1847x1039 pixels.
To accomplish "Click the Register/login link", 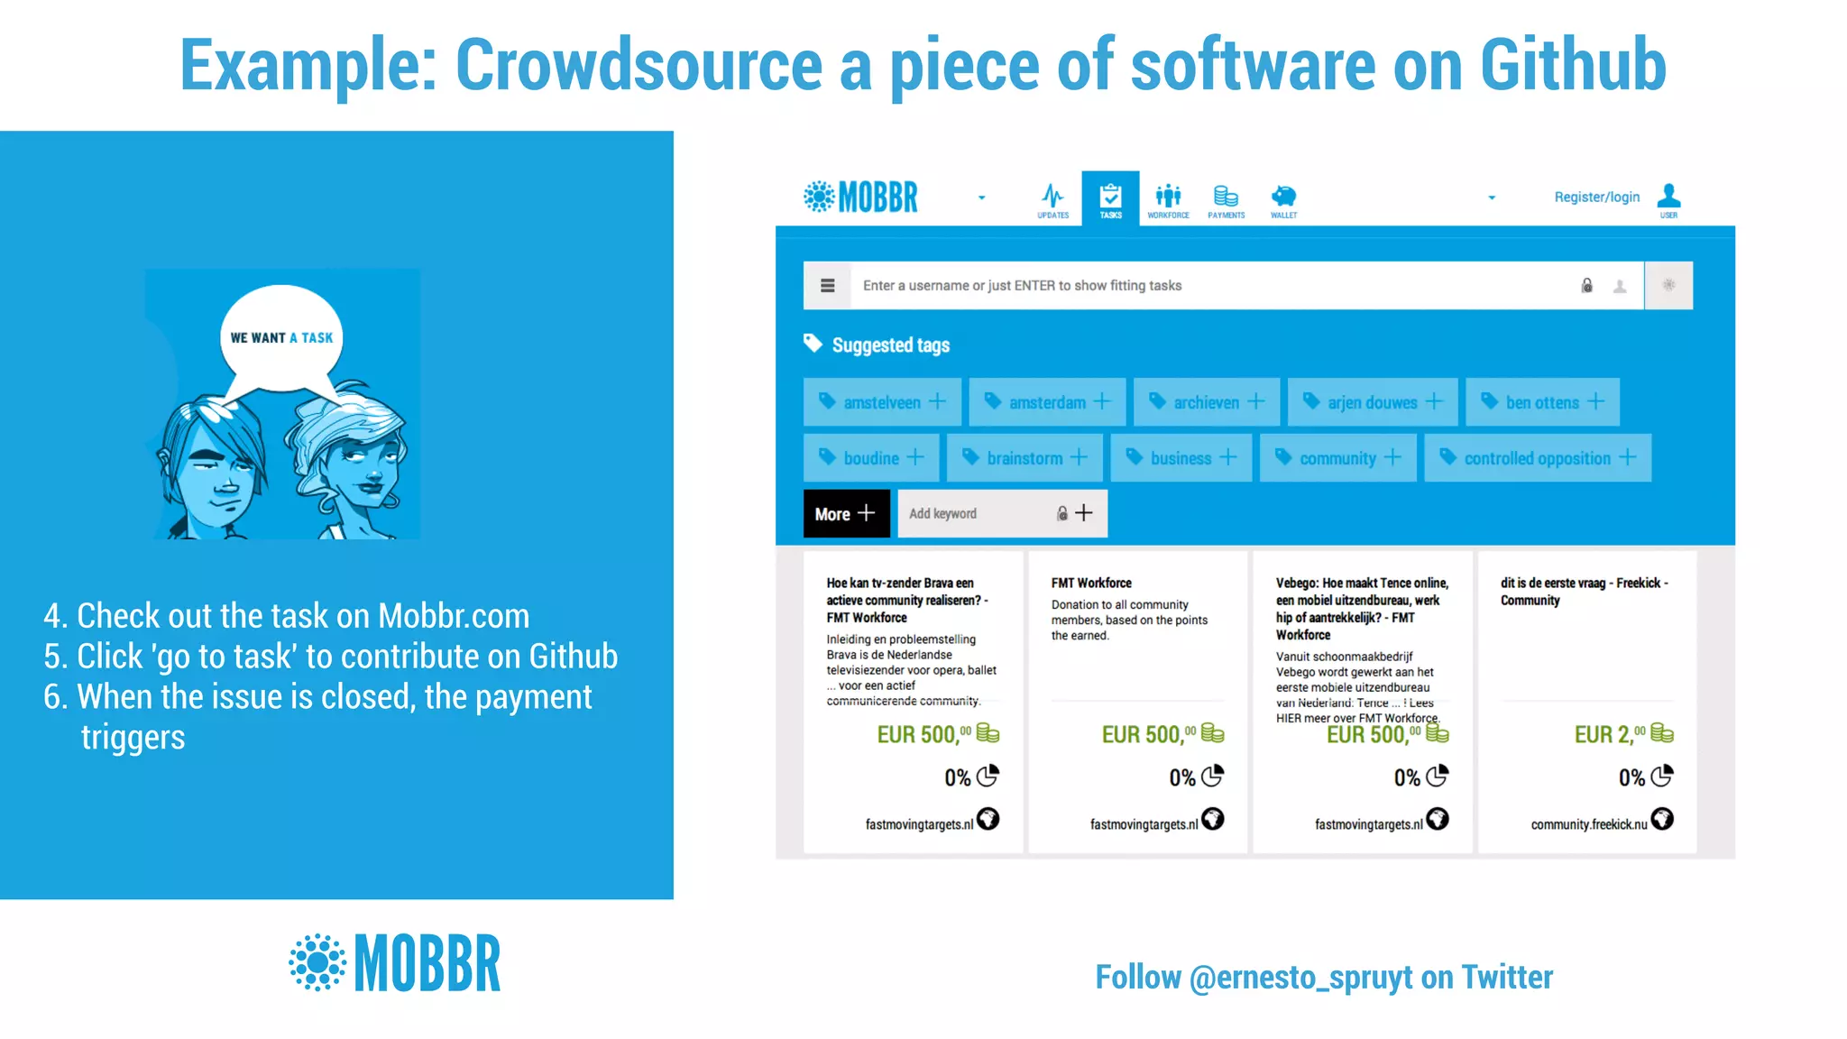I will point(1596,197).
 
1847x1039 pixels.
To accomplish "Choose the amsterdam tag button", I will point(1047,402).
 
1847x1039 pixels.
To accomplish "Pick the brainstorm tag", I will point(1025,458).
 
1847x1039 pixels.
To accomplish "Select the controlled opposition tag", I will point(1537,458).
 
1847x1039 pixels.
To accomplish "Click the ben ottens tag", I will point(1542,402).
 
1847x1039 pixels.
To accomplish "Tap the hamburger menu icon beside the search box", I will point(827,286).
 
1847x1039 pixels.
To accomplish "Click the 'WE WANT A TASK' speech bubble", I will point(281,338).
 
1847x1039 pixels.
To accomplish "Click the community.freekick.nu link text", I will point(1588,824).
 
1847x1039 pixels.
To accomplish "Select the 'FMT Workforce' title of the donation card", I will point(1091,584).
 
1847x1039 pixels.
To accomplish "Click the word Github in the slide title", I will point(1572,65).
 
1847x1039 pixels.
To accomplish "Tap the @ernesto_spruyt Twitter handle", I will point(1300,978).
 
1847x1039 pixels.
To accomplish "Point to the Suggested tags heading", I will point(890,345).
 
